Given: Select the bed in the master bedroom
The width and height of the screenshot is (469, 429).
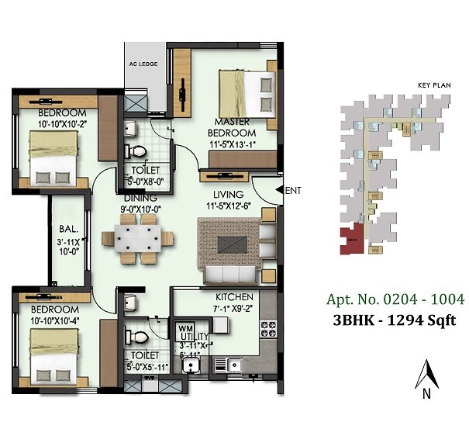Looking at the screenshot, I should [x=247, y=92].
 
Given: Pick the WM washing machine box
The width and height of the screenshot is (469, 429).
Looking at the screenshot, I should [x=184, y=328].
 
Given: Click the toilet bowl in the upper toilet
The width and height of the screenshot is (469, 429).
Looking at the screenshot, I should [x=137, y=151].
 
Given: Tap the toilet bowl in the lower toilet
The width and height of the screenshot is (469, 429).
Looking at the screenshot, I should [x=137, y=337].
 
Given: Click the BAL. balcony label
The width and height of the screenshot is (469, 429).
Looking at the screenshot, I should [x=65, y=230].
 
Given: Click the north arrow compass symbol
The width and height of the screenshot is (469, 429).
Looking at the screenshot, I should [x=425, y=378].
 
